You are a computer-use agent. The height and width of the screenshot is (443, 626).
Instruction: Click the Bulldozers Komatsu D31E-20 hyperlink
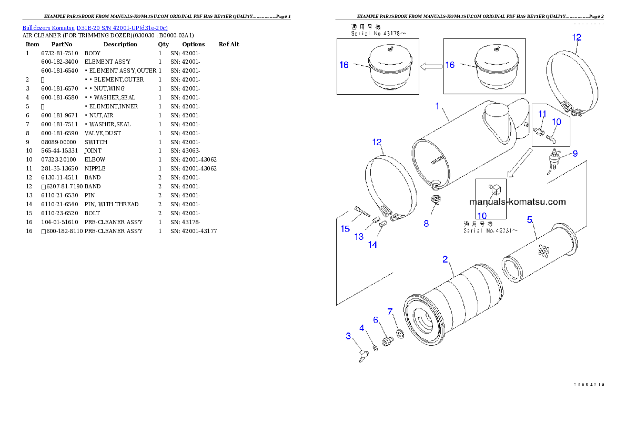click(95, 28)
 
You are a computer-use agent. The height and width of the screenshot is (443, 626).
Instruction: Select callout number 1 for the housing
click(437, 106)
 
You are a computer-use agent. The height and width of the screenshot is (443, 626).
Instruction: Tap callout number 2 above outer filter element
click(445, 259)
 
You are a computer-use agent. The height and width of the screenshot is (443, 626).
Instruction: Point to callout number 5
click(530, 219)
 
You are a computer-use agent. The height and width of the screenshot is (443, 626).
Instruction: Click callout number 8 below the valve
click(426, 223)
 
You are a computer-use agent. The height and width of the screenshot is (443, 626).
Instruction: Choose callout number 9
click(575, 154)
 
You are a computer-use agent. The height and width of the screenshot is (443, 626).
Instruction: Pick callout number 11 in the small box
click(542, 114)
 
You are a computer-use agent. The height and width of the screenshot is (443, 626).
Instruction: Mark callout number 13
click(359, 237)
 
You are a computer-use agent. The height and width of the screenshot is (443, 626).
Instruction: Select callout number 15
click(345, 229)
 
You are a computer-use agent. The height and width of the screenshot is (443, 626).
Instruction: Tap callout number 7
click(390, 312)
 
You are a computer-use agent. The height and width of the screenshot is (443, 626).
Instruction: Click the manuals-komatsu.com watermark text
click(517, 202)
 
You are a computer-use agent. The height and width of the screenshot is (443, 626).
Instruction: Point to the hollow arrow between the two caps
click(431, 66)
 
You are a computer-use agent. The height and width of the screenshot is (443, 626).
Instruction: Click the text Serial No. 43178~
click(378, 33)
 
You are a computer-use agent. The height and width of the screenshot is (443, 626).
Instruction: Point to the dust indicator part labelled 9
click(553, 158)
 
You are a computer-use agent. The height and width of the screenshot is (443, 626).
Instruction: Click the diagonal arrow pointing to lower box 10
click(519, 163)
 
